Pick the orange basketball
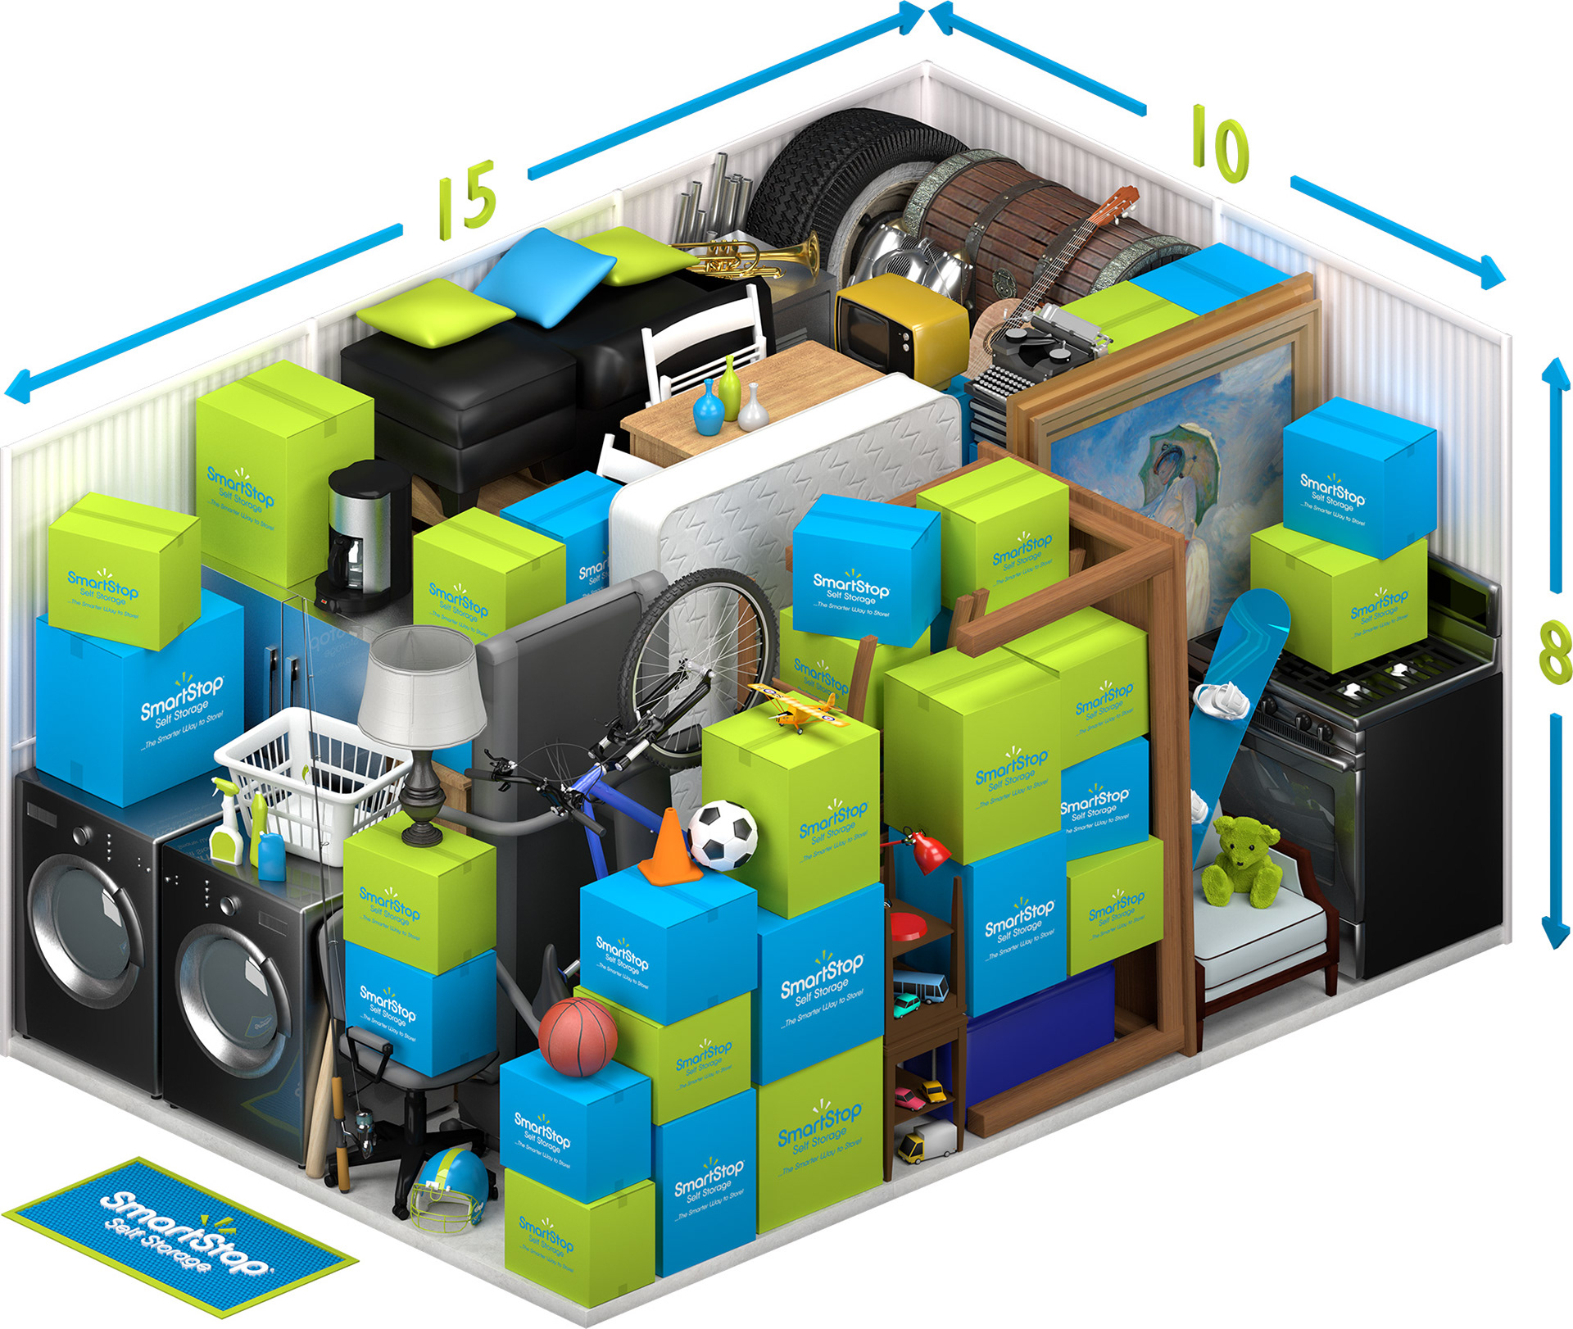578,1036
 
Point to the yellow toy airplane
793,705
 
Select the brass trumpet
754,256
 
